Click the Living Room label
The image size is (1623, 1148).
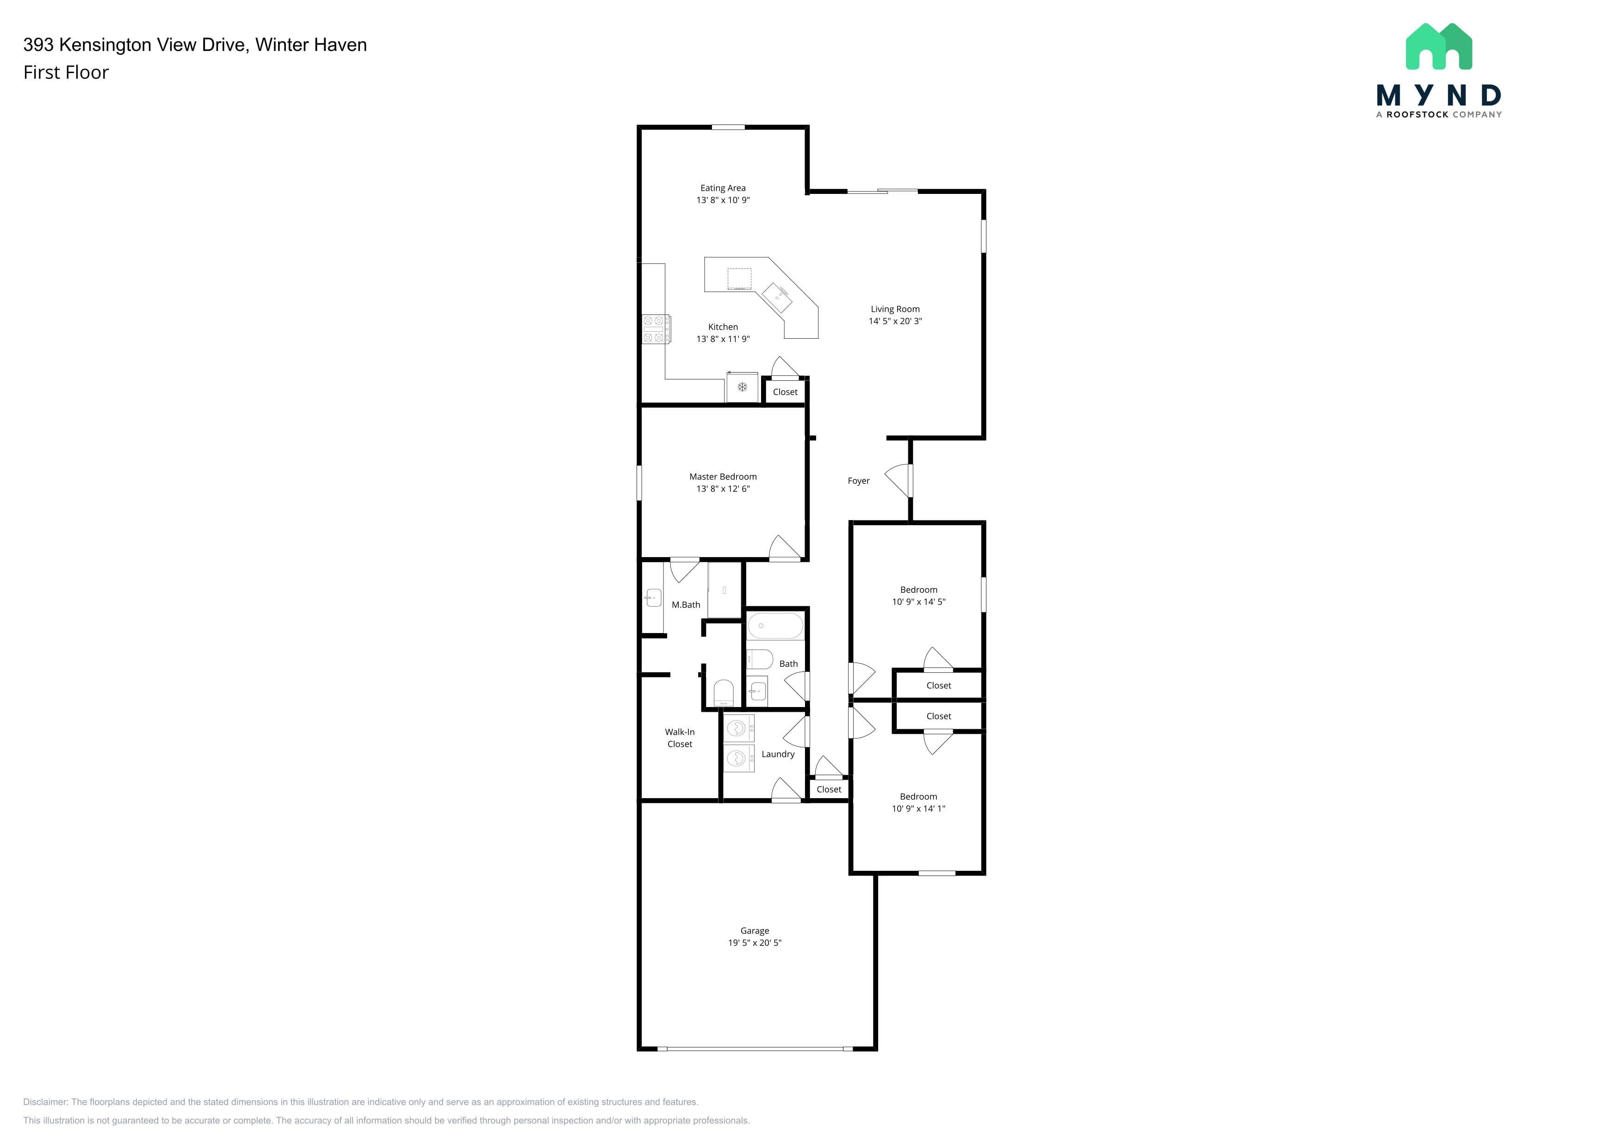895,309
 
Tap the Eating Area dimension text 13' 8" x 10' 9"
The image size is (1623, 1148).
723,200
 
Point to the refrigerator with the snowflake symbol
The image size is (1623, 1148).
742,387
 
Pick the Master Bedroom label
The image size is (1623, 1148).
723,477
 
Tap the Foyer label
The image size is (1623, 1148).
858,481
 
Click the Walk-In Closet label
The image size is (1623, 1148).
680,738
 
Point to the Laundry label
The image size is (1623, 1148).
778,754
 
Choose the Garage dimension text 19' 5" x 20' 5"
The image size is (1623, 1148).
755,943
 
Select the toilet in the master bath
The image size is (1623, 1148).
723,693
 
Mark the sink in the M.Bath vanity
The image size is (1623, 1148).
653,598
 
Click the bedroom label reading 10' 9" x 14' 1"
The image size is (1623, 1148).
918,809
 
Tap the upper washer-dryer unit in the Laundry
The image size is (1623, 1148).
739,728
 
